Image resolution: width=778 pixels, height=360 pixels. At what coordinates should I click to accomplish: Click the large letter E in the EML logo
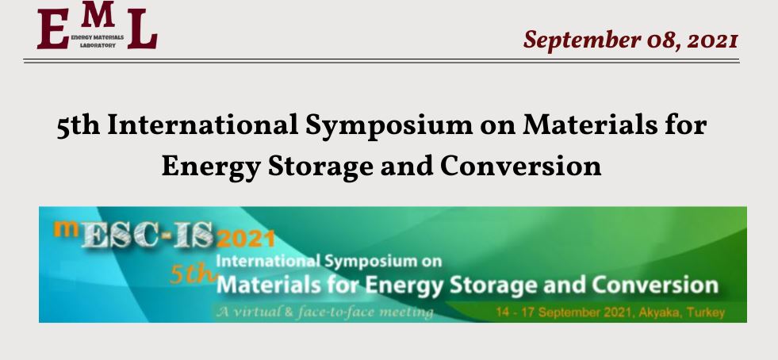point(53,29)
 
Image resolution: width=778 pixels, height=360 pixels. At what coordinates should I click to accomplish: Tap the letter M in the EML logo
point(98,14)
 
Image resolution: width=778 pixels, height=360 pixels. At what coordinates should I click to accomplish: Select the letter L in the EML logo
point(143,29)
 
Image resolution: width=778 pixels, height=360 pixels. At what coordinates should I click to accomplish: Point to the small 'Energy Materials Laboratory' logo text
point(98,41)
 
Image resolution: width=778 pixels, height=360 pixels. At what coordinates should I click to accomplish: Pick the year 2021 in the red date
point(712,40)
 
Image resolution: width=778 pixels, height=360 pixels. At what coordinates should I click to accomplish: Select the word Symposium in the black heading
point(389,126)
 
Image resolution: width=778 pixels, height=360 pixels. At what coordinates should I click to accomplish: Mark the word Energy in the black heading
point(210,167)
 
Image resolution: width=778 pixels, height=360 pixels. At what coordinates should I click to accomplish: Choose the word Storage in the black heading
point(320,167)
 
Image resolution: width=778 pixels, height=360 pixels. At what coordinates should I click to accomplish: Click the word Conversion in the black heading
point(520,166)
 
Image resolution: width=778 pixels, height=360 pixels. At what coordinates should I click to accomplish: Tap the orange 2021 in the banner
point(246,239)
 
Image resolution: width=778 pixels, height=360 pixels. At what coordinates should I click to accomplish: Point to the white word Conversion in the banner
point(654,285)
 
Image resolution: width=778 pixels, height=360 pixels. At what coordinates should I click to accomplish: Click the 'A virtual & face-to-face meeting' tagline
point(324,312)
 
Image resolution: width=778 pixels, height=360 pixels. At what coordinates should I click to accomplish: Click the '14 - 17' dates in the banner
point(515,312)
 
